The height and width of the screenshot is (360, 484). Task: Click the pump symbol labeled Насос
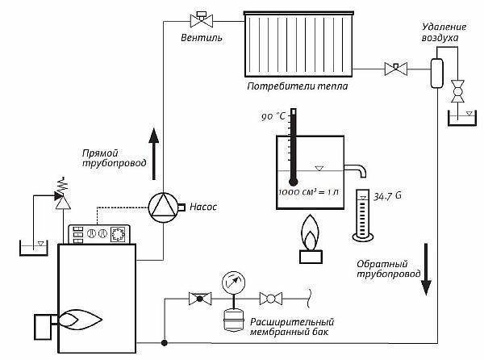[x=163, y=207]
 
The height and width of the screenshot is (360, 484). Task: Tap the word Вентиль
[x=201, y=38]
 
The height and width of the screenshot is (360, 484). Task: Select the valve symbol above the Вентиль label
[x=202, y=20]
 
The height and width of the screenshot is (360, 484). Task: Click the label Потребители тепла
[x=297, y=86]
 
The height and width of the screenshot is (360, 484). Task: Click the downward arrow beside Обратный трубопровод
[x=426, y=270]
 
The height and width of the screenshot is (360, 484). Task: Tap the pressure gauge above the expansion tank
[x=234, y=283]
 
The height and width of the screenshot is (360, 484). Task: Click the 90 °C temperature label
[x=273, y=116]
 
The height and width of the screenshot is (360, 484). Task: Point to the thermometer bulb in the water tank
[x=293, y=181]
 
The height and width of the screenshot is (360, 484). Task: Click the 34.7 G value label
[x=388, y=196]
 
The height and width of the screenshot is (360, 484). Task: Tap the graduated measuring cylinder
[x=363, y=215]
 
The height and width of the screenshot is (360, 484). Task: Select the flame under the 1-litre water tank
[x=311, y=232]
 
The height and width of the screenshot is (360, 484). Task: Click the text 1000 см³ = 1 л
[x=309, y=192]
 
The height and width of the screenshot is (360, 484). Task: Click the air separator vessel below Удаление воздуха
[x=436, y=73]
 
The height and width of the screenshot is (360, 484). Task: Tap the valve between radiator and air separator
[x=396, y=69]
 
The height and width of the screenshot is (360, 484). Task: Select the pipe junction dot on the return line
[x=165, y=343]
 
